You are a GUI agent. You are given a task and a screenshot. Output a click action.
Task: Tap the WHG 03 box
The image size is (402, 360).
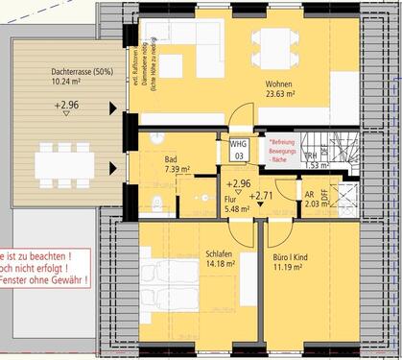tap(238, 148)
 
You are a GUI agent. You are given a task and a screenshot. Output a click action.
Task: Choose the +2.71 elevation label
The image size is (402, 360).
tap(260, 196)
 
